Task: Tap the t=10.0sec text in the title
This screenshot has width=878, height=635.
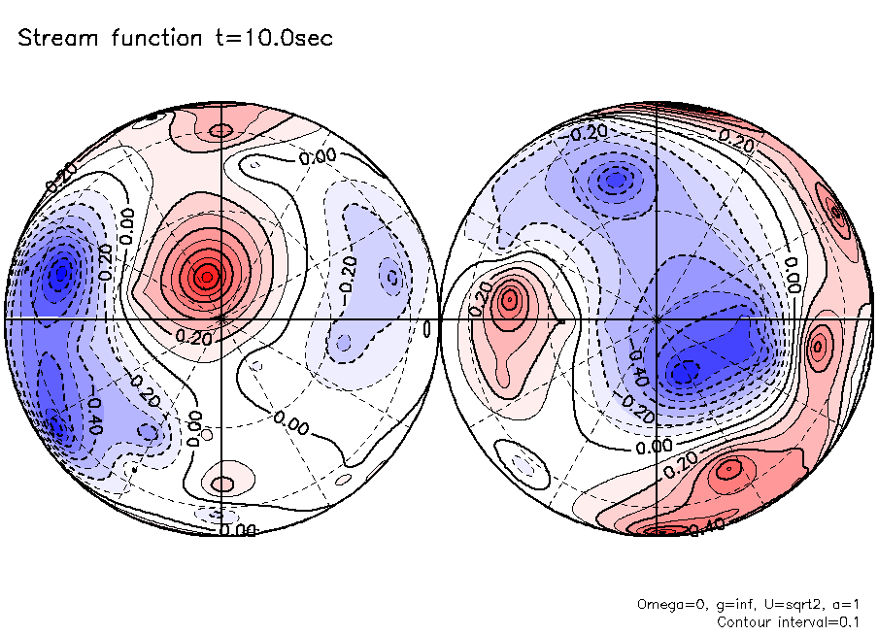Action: pyautogui.click(x=275, y=39)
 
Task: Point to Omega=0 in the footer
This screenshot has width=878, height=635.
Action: pyautogui.click(x=665, y=604)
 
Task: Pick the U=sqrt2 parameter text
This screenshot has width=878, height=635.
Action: pyautogui.click(x=780, y=604)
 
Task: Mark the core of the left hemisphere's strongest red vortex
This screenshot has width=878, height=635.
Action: pyautogui.click(x=205, y=277)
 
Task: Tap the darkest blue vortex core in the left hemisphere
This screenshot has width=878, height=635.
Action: pyautogui.click(x=61, y=273)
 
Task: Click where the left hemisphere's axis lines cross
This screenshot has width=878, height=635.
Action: pyautogui.click(x=221, y=317)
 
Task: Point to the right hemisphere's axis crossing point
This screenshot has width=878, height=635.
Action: pyautogui.click(x=658, y=317)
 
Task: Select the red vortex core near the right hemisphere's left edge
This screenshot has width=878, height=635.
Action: pyautogui.click(x=507, y=300)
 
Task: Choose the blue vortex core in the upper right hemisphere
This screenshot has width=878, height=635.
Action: pyautogui.click(x=615, y=180)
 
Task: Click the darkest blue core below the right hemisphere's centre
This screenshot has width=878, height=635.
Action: pyautogui.click(x=686, y=371)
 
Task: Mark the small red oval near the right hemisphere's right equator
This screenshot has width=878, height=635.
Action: pyautogui.click(x=818, y=344)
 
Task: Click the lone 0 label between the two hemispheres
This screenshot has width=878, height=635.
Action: pyautogui.click(x=428, y=330)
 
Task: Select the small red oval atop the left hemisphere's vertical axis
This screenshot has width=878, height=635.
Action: pyautogui.click(x=221, y=130)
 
